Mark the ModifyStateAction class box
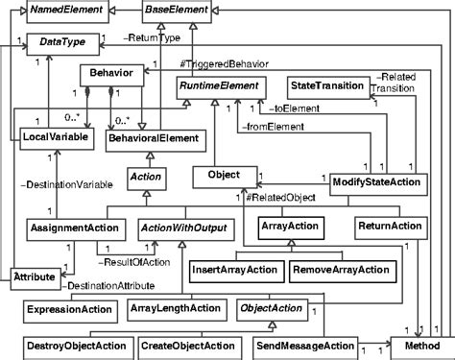point(376,180)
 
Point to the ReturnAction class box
point(389,228)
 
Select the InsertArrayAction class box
point(233,270)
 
